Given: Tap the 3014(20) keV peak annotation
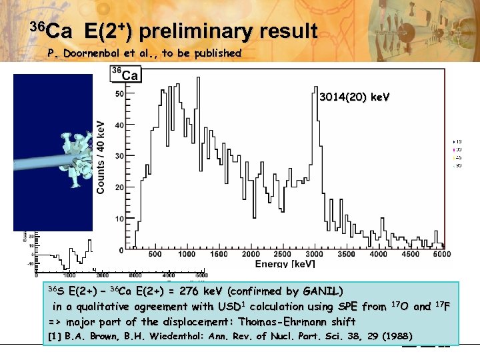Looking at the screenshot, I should pyautogui.click(x=353, y=97).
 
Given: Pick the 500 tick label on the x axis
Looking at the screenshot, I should pyautogui.click(x=154, y=254).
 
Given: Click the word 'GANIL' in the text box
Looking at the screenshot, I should pyautogui.click(x=320, y=291).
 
